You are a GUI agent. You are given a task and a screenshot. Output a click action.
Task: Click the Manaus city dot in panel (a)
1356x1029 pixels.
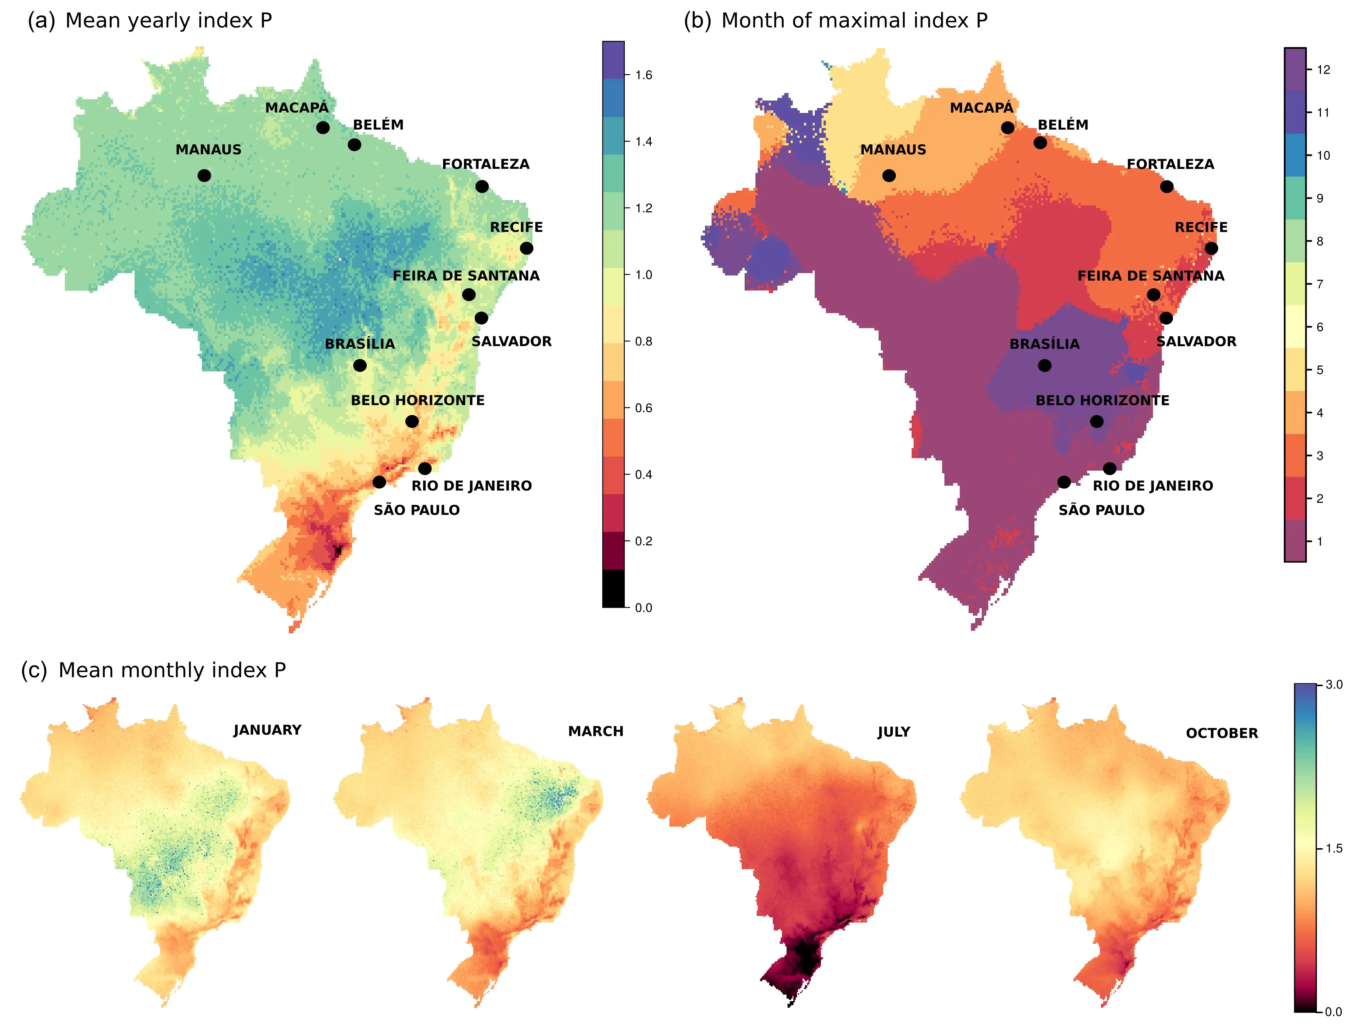(x=204, y=176)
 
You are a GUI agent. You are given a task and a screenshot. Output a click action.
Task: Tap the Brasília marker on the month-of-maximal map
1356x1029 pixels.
(x=1045, y=365)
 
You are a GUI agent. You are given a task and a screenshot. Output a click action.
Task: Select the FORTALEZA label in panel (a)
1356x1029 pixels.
(x=486, y=164)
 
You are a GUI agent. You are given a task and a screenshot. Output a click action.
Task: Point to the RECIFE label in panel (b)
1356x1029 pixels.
(x=1201, y=228)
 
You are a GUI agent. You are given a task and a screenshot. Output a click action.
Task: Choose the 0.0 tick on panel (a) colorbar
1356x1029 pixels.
(x=643, y=608)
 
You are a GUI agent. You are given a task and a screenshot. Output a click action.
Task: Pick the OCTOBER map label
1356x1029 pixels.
(x=1222, y=733)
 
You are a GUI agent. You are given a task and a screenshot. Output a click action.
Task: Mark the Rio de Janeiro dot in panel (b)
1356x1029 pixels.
(x=1109, y=469)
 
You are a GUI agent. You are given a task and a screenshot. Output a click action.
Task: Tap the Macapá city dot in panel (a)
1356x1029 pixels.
(x=323, y=127)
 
